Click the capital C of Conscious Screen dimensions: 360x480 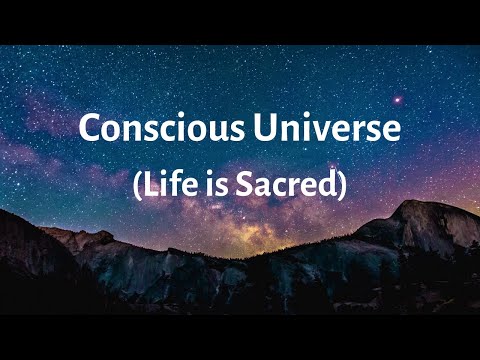pos(90,129)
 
